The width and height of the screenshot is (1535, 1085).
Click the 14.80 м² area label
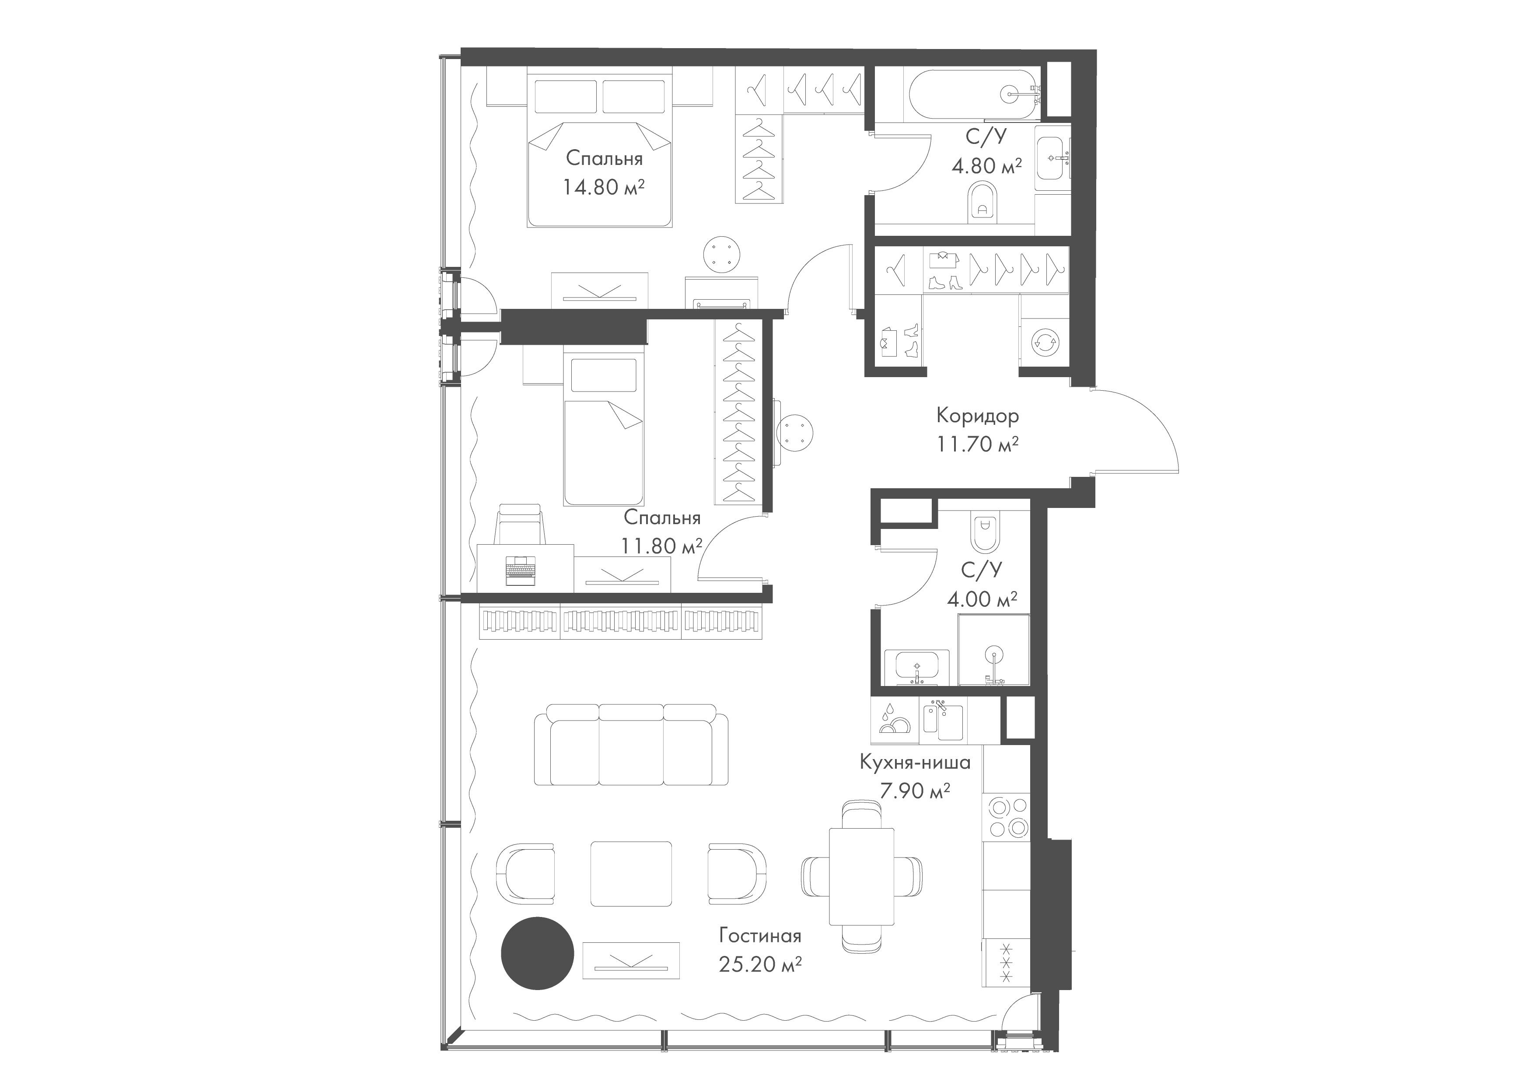click(603, 187)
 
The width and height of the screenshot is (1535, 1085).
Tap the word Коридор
click(977, 416)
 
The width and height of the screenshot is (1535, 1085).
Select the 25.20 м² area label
click(760, 965)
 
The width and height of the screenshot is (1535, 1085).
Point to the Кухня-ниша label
click(915, 762)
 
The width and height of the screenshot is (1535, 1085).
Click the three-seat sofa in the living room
click(631, 744)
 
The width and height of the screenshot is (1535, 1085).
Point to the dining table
click(861, 876)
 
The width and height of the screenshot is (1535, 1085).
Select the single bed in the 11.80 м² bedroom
click(603, 431)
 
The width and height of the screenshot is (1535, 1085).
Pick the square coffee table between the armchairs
click(630, 872)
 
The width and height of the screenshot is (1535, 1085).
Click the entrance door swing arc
click(1136, 428)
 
